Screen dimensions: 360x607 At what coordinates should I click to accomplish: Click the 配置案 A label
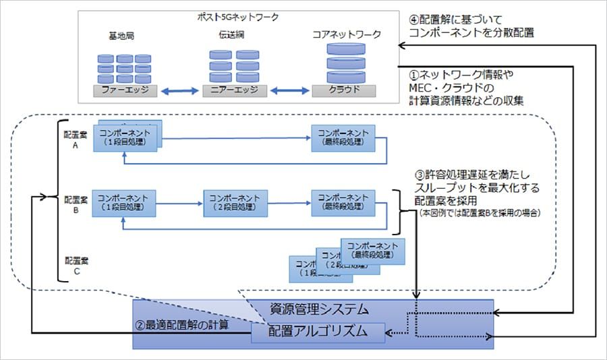pos(71,140)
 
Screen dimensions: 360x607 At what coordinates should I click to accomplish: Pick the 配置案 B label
pos(71,204)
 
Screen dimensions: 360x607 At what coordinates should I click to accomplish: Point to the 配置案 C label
pos(71,264)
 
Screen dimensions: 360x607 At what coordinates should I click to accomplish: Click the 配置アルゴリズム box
pos(318,331)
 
